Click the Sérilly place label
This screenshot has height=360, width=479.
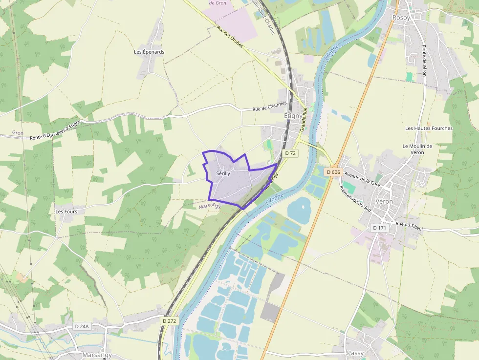click(223, 173)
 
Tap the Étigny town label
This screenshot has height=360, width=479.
click(293, 116)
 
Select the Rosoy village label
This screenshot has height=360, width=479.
click(402, 18)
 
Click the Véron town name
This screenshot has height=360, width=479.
click(384, 202)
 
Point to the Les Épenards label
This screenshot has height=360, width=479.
click(149, 52)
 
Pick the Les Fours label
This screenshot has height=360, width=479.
click(66, 212)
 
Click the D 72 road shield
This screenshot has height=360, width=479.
click(290, 153)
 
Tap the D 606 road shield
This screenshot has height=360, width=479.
click(333, 172)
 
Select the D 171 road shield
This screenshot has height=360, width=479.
click(379, 228)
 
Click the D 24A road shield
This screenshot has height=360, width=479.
click(84, 326)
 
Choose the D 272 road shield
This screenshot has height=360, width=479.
click(169, 320)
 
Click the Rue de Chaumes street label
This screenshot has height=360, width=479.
click(269, 106)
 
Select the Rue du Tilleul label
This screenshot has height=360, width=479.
click(409, 225)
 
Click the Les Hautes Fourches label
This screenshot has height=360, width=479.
click(429, 128)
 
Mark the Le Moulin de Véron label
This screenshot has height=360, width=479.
click(417, 149)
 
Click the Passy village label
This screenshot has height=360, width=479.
click(355, 353)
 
